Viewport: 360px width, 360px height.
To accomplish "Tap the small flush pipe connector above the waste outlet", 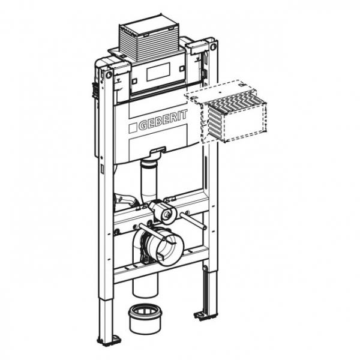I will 162,209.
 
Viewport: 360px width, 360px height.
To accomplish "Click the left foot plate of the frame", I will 109,340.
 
